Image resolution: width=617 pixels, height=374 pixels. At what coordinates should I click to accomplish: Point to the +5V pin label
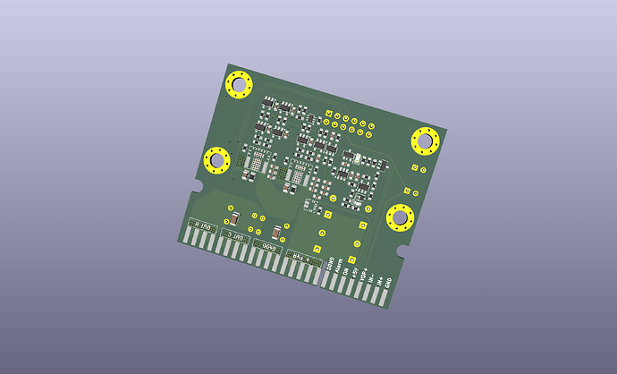click(x=355, y=270)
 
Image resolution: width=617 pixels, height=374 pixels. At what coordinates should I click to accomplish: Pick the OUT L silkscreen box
click(x=234, y=236)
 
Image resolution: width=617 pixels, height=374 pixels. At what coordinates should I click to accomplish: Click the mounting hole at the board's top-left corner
click(x=240, y=87)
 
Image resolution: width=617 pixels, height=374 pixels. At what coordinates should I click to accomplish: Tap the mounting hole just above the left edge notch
click(x=217, y=160)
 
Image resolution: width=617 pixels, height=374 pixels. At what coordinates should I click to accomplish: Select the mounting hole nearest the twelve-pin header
click(x=424, y=140)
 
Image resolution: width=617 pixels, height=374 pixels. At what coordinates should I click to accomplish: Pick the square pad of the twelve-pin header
click(x=330, y=114)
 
